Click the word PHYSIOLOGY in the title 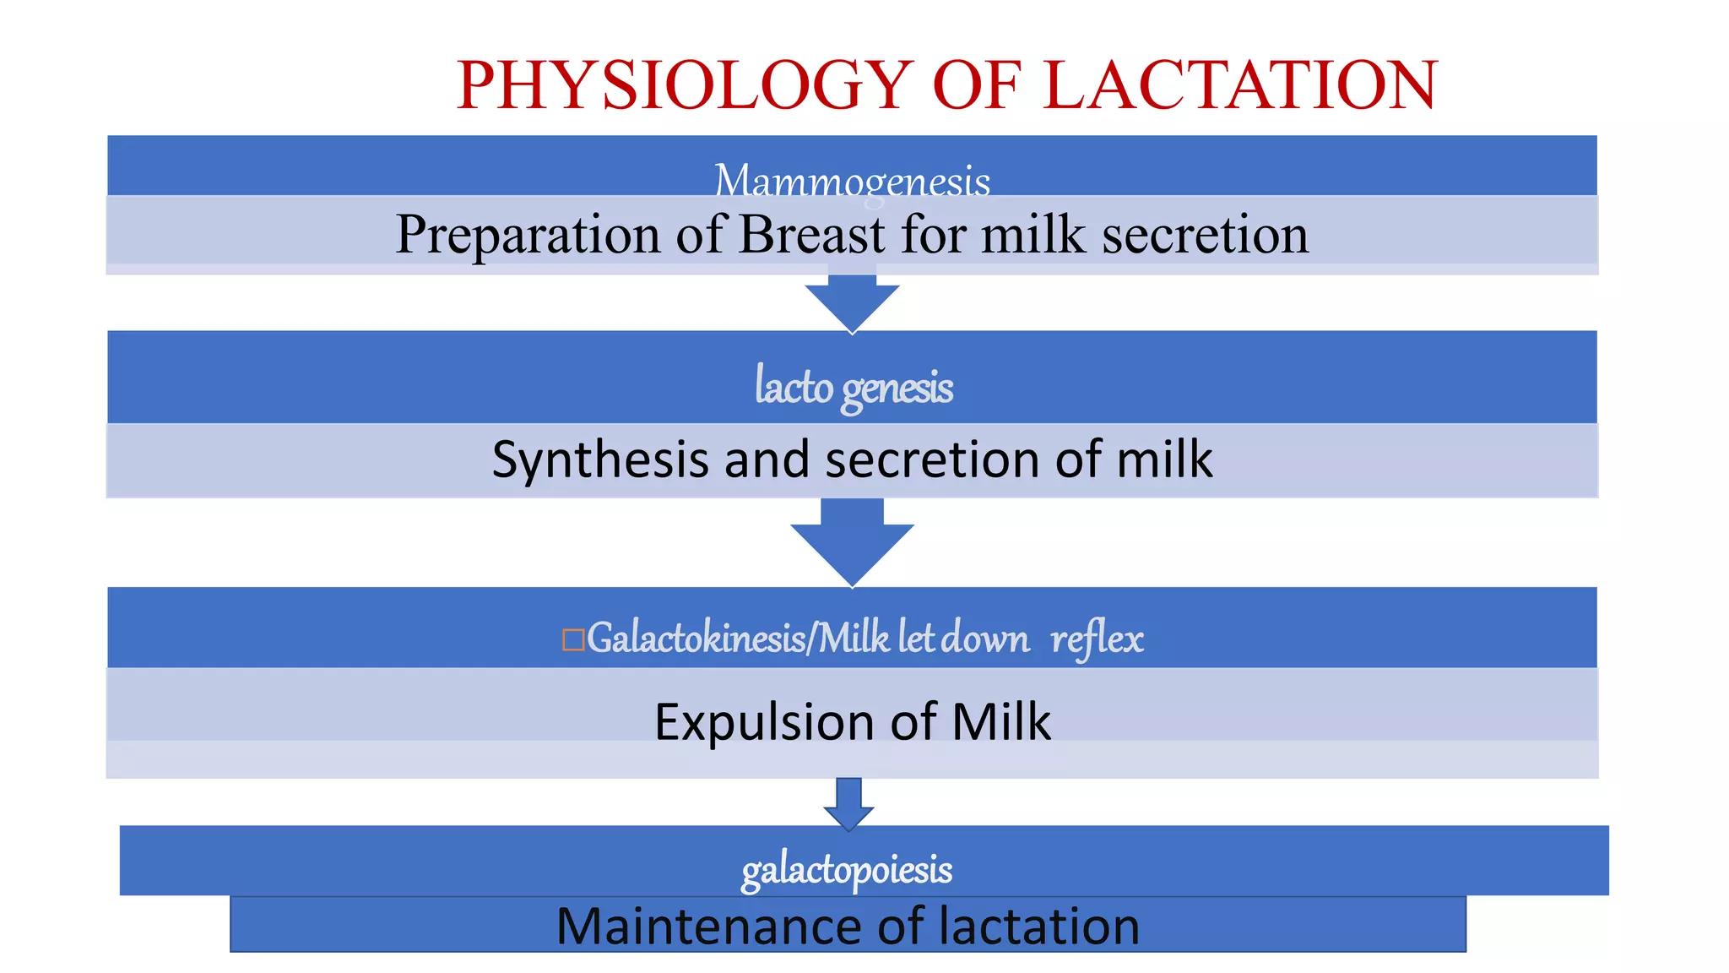click(x=684, y=85)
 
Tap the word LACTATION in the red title click(x=1240, y=85)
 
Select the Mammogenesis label click(x=852, y=180)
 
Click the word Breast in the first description click(x=812, y=234)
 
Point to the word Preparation click(x=528, y=234)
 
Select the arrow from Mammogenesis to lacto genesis click(x=852, y=302)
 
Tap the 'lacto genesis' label click(x=854, y=387)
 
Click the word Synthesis click(x=600, y=459)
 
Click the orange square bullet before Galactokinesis click(x=573, y=639)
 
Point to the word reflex click(x=1097, y=639)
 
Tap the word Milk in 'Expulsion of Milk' click(x=1001, y=722)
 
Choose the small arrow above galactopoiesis click(x=848, y=803)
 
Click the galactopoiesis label click(x=847, y=869)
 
